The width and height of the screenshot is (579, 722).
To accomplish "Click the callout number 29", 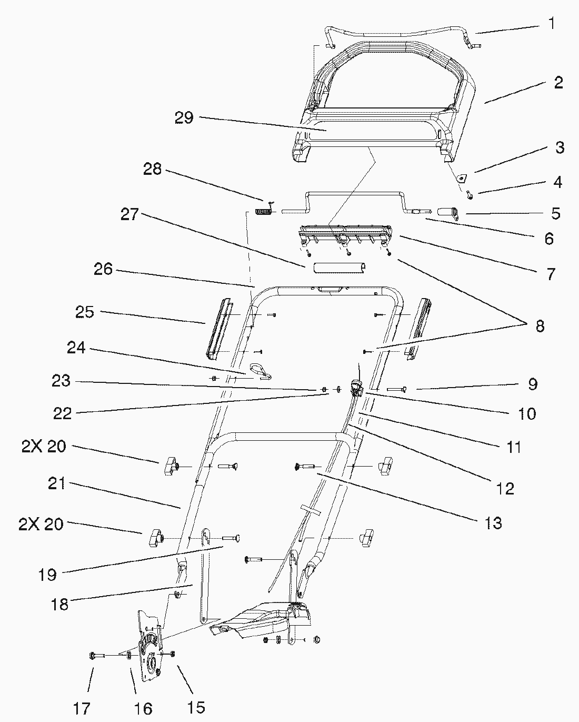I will [184, 118].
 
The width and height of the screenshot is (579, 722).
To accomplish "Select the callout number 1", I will [551, 24].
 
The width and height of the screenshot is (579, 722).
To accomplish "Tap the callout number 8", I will [539, 326].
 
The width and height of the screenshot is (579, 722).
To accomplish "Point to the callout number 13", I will [494, 523].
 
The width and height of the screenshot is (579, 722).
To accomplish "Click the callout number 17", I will [82, 709].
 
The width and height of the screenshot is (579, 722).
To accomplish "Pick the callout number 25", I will [84, 312].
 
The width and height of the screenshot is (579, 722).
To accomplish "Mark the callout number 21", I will [56, 483].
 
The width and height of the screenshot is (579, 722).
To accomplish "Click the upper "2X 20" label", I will [44, 447].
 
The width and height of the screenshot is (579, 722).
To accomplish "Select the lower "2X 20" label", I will [41, 525].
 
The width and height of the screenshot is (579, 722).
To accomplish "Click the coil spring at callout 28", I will [262, 212].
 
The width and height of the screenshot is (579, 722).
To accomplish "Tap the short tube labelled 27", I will [338, 269].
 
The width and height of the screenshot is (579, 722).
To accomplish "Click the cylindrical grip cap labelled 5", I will [447, 213].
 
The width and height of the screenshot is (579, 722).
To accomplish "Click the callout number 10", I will [526, 413].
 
